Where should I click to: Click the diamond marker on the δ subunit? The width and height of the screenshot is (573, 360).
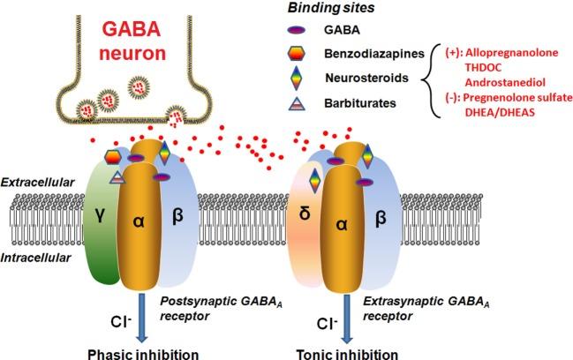pyautogui.click(x=313, y=180)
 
